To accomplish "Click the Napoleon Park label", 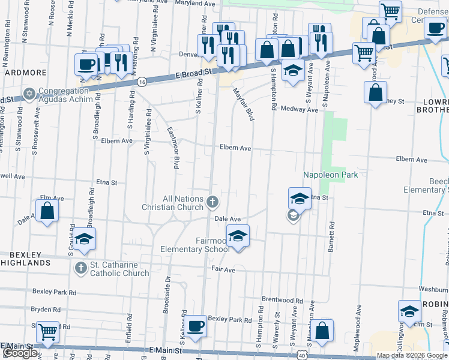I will pos(330,175).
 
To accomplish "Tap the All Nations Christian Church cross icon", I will pos(212,202).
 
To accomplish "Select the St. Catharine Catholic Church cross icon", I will pos(80,268).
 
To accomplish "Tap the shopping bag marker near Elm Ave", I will pos(47,211).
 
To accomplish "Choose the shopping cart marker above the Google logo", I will pos(47,332).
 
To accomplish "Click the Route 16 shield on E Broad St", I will pos(141,82).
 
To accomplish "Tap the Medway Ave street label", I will pos(303,110).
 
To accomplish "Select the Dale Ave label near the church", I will pos(228,219).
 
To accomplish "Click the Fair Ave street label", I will pos(223,269).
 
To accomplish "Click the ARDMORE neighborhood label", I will pos(26,73).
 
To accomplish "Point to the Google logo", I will pos(20,353).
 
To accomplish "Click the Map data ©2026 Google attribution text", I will pos(412,356).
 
